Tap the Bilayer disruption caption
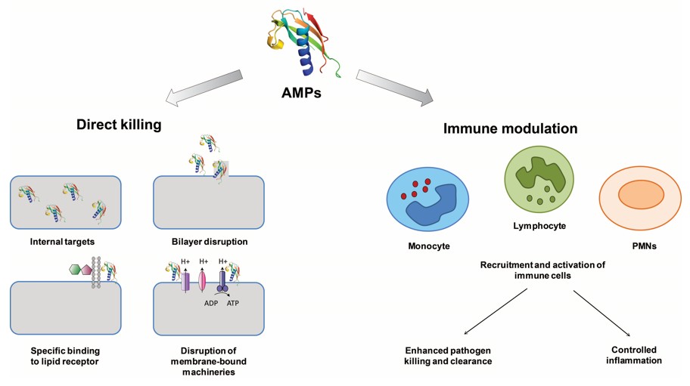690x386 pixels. click(x=209, y=242)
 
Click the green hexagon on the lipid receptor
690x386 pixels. click(x=76, y=268)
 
